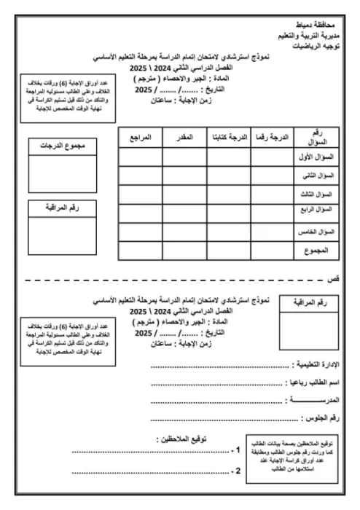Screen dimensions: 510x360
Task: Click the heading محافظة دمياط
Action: [x=318, y=24]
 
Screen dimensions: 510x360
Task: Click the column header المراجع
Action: [x=140, y=137]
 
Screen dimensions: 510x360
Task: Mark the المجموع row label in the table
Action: [x=318, y=251]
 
